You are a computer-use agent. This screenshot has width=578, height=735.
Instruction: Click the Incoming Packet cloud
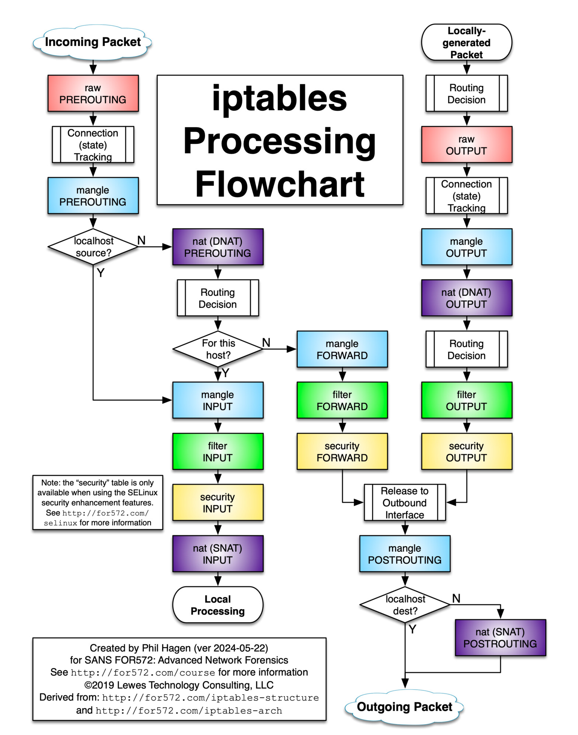pyautogui.click(x=93, y=42)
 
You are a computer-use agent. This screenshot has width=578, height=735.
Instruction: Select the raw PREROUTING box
pyautogui.click(x=93, y=94)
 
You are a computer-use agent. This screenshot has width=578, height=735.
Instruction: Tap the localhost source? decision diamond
pyautogui.click(x=93, y=247)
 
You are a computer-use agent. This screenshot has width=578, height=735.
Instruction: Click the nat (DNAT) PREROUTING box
pyautogui.click(x=217, y=247)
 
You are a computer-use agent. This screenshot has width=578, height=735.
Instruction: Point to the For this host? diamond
pyautogui.click(x=218, y=349)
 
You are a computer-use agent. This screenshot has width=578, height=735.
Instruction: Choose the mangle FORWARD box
pyautogui.click(x=342, y=349)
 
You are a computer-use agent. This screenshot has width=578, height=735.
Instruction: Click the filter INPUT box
pyautogui.click(x=217, y=451)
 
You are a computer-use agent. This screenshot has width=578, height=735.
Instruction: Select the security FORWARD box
pyautogui.click(x=342, y=451)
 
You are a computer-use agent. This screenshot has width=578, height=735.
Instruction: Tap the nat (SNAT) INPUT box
pyautogui.click(x=217, y=554)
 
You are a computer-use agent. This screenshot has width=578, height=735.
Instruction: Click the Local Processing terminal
pyautogui.click(x=217, y=605)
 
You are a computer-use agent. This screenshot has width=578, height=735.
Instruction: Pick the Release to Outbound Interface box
pyautogui.click(x=405, y=503)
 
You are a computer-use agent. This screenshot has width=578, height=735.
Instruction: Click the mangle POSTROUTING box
pyautogui.click(x=405, y=554)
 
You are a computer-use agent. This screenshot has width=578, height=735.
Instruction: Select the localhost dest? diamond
pyautogui.click(x=405, y=605)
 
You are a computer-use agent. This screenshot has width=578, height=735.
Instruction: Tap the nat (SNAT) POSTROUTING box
pyautogui.click(x=500, y=638)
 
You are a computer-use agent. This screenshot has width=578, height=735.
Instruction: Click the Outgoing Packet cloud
pyautogui.click(x=404, y=707)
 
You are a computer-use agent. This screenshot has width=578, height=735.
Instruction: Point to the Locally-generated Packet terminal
pyautogui.click(x=466, y=42)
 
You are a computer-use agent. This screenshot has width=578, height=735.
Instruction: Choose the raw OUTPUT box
pyautogui.click(x=466, y=145)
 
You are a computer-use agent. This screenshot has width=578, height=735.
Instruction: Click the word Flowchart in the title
pyautogui.click(x=280, y=184)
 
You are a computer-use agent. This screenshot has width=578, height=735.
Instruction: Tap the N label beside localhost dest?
pyautogui.click(x=456, y=598)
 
